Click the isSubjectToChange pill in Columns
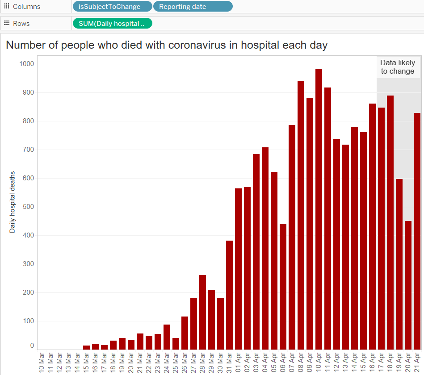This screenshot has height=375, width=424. pyautogui.click(x=112, y=7)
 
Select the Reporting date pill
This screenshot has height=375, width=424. pyautogui.click(x=193, y=7)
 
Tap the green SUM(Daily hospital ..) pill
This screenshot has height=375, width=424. pyautogui.click(x=112, y=24)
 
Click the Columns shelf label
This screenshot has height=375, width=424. pyautogui.click(x=26, y=7)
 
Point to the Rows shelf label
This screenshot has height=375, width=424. pyautogui.click(x=21, y=24)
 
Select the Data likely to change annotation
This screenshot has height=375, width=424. pyautogui.click(x=398, y=67)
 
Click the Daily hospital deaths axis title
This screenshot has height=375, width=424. pyautogui.click(x=13, y=202)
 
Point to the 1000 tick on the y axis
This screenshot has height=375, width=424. pyautogui.click(x=26, y=64)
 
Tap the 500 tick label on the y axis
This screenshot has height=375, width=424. pyautogui.click(x=28, y=207)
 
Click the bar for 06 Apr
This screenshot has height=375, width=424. pyautogui.click(x=283, y=286)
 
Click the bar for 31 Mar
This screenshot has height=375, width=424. pyautogui.click(x=229, y=295)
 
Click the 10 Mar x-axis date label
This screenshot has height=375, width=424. pyautogui.click(x=42, y=362)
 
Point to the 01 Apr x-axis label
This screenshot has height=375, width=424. pyautogui.click(x=238, y=362)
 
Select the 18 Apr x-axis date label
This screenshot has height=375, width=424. pyautogui.click(x=390, y=362)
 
